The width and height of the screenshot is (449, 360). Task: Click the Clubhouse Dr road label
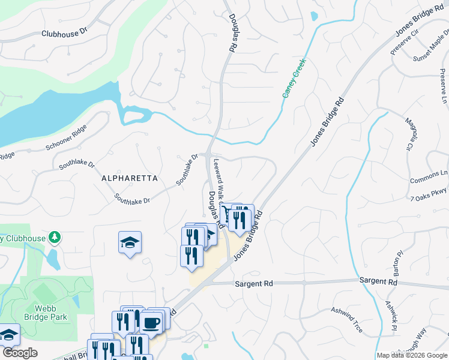[64, 34]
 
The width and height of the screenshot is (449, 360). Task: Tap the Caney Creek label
[294, 78]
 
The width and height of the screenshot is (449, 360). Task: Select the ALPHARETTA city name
[129, 178]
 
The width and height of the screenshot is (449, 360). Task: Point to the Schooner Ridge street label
[67, 138]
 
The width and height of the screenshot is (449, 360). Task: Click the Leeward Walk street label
[217, 180]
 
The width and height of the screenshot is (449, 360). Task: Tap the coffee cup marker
[151, 323]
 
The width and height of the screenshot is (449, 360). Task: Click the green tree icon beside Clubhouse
[55, 238]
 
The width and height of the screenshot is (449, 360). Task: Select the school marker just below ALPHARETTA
[130, 242]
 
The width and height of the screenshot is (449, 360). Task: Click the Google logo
[19, 353]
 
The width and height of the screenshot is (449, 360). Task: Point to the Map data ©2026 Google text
[411, 355]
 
